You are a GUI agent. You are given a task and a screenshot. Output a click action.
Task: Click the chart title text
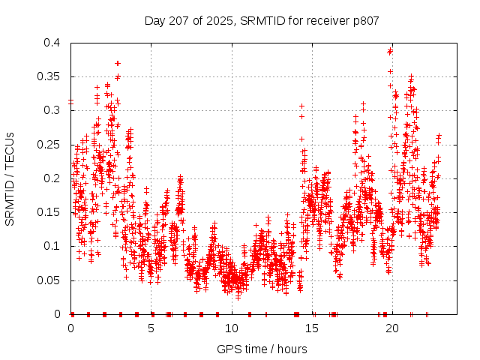261,19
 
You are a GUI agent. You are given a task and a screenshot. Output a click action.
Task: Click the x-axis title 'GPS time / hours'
261,349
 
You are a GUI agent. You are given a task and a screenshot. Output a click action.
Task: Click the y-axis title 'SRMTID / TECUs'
10,178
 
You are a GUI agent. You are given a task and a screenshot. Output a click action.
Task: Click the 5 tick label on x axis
151,328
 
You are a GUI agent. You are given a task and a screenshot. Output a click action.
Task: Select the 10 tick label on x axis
232,328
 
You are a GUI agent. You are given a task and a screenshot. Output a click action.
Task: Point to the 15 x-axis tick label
312,328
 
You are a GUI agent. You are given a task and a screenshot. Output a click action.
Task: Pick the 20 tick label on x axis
392,328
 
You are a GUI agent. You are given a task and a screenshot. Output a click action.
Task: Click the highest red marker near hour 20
390,51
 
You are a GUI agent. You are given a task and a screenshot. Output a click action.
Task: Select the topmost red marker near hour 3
118,63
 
